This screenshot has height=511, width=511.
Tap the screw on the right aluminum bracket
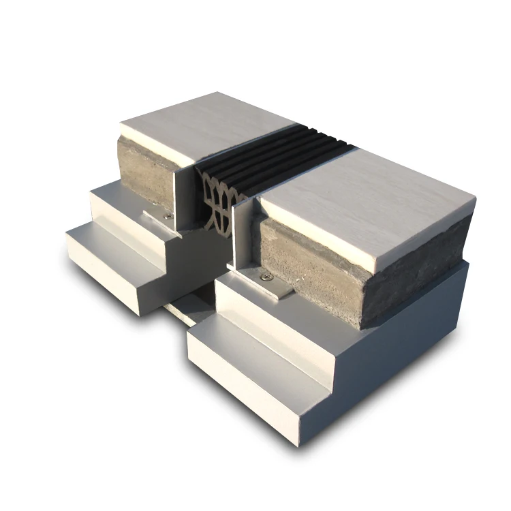[x=265, y=277]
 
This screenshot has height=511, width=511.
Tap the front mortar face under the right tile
[x=320, y=273]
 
